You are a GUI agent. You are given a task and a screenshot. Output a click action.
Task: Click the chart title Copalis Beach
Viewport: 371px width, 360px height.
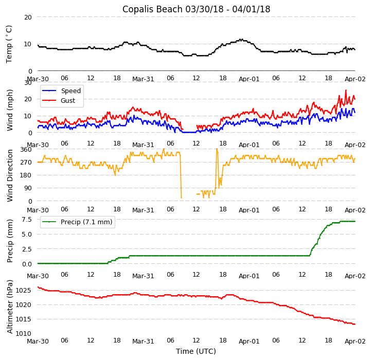coord(196,9)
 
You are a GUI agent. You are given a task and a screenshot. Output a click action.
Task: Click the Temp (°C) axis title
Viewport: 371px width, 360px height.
coord(9,44)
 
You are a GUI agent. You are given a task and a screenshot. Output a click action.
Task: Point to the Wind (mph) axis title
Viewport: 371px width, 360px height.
coord(10,110)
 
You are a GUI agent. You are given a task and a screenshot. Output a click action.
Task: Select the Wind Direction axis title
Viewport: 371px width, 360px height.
coord(10,175)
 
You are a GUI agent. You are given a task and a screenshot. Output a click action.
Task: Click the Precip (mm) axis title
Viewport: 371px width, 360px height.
coord(10,241)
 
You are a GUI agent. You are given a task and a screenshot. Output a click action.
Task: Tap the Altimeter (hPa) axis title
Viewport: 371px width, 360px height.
coord(10,307)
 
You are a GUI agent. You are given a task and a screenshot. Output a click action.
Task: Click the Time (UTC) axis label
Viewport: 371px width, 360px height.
coord(196,351)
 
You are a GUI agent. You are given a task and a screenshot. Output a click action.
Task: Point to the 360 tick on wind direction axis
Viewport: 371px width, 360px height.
coord(26,149)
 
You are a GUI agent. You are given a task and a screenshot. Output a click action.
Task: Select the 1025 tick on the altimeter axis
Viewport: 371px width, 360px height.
coord(24,291)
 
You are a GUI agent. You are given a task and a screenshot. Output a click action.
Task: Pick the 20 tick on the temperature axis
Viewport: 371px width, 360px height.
coord(28,17)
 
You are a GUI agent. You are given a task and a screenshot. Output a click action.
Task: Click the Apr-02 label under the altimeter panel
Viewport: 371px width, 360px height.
coord(355,341)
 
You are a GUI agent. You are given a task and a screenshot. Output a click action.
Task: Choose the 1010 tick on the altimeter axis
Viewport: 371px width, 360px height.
coord(24,334)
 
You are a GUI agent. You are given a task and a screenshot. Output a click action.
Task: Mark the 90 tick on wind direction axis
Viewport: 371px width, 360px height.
coord(28,188)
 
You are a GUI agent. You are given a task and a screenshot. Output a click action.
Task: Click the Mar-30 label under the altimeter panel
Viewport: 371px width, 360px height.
coord(38,341)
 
